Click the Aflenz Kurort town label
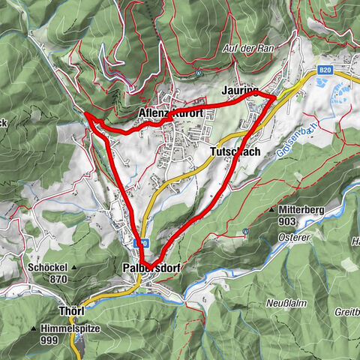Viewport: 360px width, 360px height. pos(172,113)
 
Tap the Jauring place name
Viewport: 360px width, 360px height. pos(241,89)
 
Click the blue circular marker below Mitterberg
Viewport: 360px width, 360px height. pos(245,230)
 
